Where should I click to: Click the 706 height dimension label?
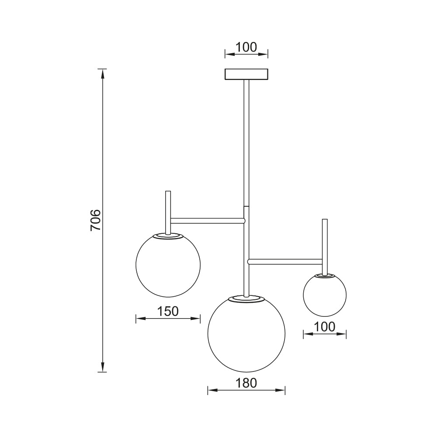point(96,220)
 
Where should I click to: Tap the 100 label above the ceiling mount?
point(246,47)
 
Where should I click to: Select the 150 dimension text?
point(168,311)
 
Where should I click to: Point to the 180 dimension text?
point(246,383)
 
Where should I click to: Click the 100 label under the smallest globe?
point(324,326)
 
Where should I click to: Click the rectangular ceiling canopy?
point(246,74)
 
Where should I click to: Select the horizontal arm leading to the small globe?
point(285,262)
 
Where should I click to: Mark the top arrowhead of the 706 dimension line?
point(103,73)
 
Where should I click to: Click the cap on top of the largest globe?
point(246,298)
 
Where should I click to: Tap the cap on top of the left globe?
point(168,236)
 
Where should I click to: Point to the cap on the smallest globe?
point(325,276)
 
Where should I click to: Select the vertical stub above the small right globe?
point(324,238)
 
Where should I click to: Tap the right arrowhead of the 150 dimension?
point(197,319)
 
